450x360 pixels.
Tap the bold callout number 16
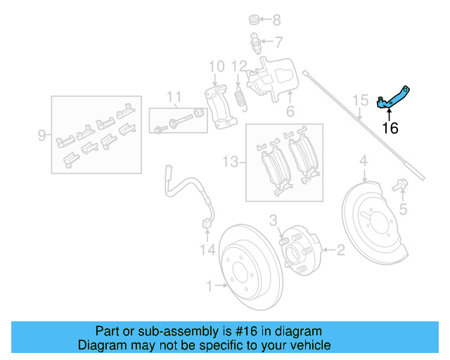click(x=390, y=129)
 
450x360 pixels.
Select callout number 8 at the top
click(x=276, y=20)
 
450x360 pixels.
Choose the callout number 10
click(x=217, y=67)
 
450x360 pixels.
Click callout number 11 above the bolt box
click(x=174, y=96)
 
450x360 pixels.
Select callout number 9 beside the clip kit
click(x=42, y=134)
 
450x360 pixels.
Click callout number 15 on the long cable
click(x=360, y=101)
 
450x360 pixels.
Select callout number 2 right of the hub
click(x=340, y=249)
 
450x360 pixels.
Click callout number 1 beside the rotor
click(x=209, y=285)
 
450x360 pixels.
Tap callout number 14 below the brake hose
click(x=205, y=249)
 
